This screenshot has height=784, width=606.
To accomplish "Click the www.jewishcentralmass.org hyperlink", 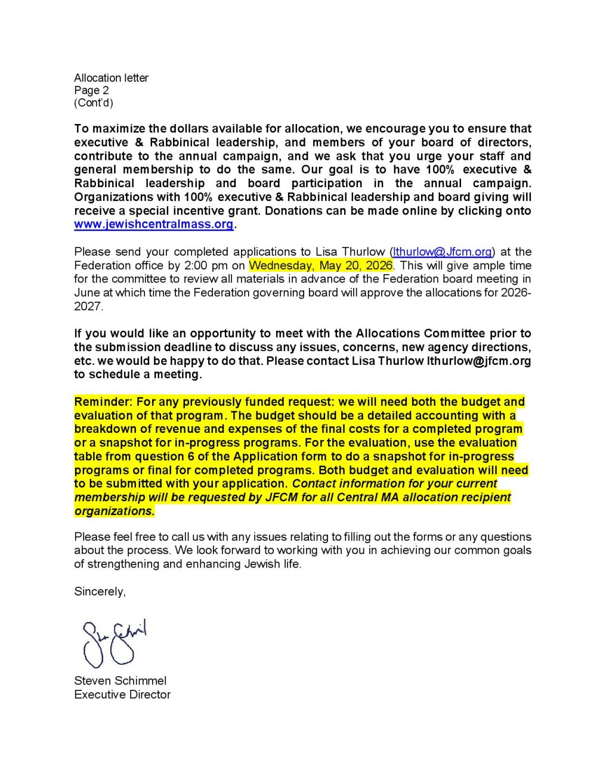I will (x=153, y=225).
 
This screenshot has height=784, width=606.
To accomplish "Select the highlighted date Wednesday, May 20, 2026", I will (x=321, y=265).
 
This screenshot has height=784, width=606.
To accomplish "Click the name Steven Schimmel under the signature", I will (x=120, y=681).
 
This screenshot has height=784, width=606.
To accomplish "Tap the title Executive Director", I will (x=122, y=695).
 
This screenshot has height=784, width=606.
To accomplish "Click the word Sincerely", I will (x=100, y=591).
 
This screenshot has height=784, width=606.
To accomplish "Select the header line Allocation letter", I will (x=111, y=78).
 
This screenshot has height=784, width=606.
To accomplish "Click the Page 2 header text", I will (x=91, y=91).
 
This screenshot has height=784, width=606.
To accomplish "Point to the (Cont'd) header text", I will (x=93, y=103).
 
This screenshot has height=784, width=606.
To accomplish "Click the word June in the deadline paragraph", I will (x=86, y=293).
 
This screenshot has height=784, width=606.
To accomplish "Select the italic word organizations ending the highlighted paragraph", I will (x=113, y=511).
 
